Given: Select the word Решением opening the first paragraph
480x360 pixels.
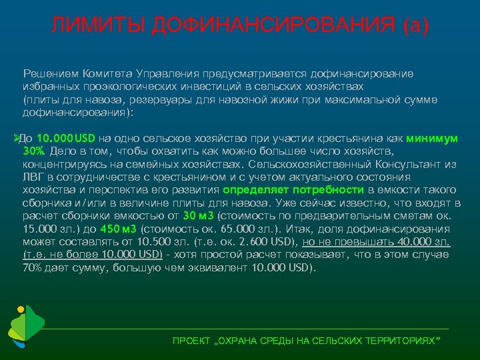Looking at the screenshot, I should [47, 73].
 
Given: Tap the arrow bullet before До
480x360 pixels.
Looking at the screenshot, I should [17, 138].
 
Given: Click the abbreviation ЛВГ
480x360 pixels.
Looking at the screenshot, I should [33, 177].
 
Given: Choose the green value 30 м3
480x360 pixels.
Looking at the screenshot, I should [199, 216].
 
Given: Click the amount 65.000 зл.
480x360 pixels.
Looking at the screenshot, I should [235, 229].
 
